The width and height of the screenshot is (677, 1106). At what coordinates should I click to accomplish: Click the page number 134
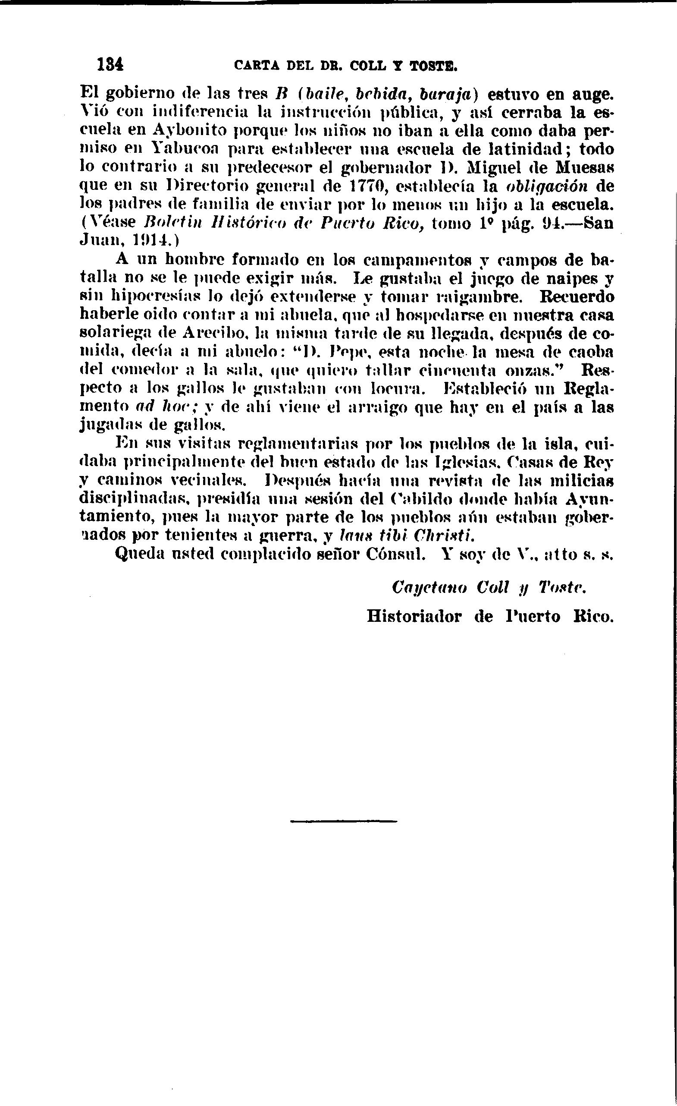coord(110,65)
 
